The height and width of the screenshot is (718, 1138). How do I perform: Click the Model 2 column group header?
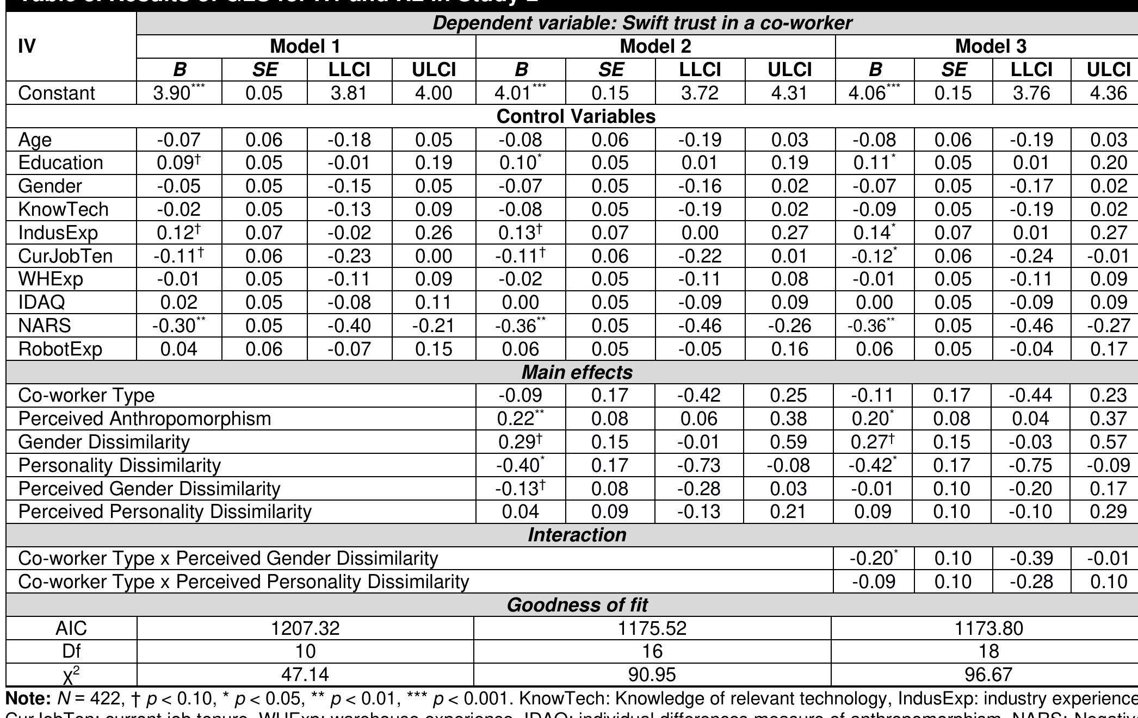tap(655, 46)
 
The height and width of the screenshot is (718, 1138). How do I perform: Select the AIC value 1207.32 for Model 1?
tap(305, 628)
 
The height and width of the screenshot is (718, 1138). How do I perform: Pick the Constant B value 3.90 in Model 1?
tap(179, 93)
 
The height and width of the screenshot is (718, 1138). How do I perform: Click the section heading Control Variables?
tap(576, 116)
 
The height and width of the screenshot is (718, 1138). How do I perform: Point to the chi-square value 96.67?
tap(988, 675)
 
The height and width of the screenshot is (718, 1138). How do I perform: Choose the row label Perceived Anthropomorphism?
tap(144, 419)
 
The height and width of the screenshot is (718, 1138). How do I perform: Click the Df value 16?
tap(652, 651)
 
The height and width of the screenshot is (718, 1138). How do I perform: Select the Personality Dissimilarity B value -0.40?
tap(519, 465)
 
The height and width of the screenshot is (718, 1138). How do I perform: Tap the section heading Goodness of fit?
tap(577, 605)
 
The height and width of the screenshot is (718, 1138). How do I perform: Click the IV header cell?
tap(27, 47)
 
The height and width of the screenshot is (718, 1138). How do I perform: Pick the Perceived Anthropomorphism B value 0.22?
tap(519, 419)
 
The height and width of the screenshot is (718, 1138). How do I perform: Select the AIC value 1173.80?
tap(988, 628)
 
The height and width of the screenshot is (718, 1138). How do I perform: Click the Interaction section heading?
tap(577, 535)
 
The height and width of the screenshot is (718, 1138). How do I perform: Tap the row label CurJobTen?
tap(65, 255)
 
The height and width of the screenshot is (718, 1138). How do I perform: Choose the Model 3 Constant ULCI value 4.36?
tap(1108, 93)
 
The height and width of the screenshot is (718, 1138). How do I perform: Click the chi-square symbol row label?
tap(71, 675)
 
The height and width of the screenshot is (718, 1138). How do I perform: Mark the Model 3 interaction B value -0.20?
tap(873, 558)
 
